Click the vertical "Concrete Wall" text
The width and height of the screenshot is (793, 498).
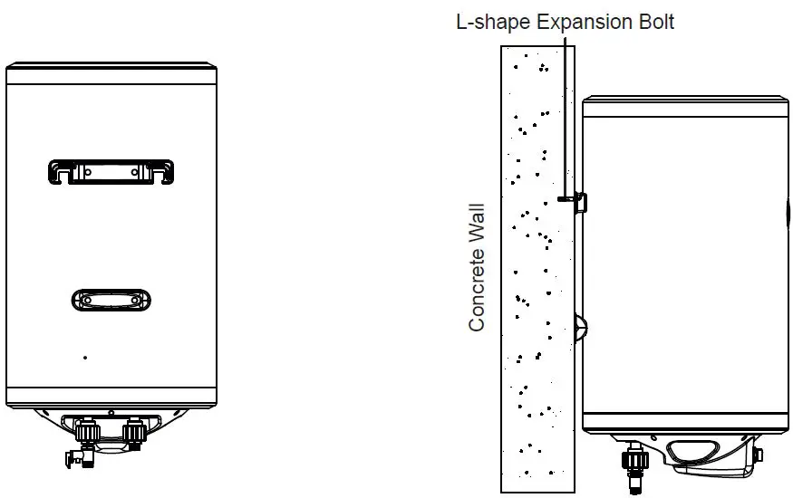pos(478,266)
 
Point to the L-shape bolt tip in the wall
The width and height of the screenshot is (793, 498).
pos(563,200)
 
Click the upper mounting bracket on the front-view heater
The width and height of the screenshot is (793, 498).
pos(111,170)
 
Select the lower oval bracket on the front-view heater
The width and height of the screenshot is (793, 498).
pos(111,300)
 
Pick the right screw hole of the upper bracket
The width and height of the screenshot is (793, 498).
pos(135,169)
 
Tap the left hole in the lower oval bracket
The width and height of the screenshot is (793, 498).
pos(87,300)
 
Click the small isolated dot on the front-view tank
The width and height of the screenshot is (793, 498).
pos(85,358)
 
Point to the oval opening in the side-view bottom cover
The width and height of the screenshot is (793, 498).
pos(696,452)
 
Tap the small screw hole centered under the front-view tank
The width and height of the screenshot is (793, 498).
pos(111,414)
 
